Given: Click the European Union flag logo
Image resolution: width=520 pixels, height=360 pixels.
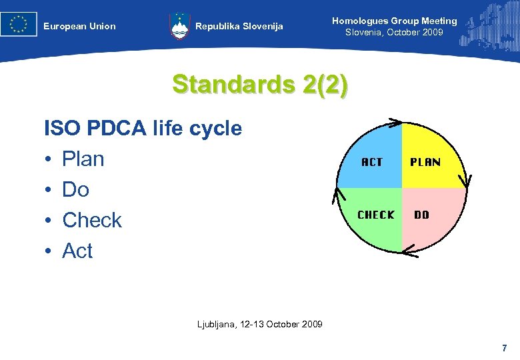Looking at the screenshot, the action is click(19, 25).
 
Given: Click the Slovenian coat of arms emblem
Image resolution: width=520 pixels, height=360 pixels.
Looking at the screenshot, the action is click(179, 26).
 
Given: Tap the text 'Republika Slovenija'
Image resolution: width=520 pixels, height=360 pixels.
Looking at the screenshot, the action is click(239, 27).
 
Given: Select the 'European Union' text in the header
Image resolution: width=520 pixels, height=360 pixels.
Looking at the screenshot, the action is click(79, 27).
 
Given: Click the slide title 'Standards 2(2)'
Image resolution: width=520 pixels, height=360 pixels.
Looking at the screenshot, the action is click(259, 85).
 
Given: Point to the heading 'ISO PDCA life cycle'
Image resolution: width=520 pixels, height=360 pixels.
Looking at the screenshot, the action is click(143, 128).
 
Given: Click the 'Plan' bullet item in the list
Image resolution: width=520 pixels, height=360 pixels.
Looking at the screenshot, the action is click(83, 159).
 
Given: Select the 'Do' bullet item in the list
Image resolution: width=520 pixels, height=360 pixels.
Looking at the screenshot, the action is click(75, 189).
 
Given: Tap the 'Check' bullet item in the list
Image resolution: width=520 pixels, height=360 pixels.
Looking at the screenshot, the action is click(91, 220).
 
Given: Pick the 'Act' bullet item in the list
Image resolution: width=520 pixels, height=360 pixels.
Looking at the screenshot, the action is click(77, 251).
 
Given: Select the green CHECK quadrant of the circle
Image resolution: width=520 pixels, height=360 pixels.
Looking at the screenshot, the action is click(373, 217).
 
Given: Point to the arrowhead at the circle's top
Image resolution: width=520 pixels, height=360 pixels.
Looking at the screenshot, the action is click(393, 123).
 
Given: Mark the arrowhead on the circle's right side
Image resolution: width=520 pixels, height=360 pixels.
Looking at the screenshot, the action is click(465, 180).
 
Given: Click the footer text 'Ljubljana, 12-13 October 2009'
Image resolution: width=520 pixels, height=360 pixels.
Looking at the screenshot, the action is click(260, 324).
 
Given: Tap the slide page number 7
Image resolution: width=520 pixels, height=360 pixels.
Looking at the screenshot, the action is click(504, 348).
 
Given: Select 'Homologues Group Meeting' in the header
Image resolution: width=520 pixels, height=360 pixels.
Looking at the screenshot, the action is click(395, 21).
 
